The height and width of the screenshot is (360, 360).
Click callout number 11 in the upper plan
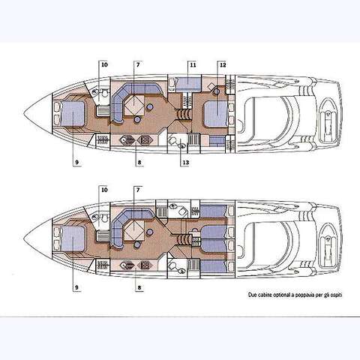[193, 65]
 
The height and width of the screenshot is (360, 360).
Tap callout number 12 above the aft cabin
[223, 65]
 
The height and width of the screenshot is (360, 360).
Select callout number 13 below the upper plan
[186, 163]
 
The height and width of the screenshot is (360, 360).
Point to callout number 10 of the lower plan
[104, 190]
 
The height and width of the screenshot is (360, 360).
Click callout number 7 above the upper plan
[138, 64]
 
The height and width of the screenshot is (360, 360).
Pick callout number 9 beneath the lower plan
[76, 287]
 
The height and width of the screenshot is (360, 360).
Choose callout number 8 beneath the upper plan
[139, 163]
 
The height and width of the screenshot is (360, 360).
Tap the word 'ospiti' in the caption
[337, 295]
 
